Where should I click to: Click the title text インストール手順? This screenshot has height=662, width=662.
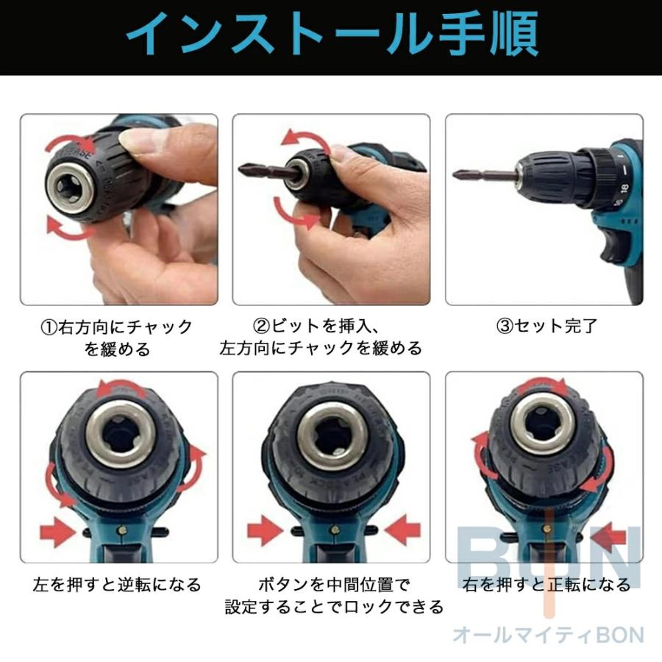coord(331,35)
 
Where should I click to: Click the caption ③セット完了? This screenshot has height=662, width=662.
coord(547,326)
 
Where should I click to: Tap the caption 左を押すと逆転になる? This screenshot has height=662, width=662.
coord(117,585)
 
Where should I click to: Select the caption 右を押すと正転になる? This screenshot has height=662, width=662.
coord(547,585)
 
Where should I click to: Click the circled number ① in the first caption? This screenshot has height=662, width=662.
coord(48,327)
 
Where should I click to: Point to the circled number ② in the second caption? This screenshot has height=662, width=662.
coord(262,326)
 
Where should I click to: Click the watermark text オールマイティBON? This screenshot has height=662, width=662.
coord(548,635)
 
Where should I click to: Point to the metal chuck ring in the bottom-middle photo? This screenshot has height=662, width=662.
coord(332,440)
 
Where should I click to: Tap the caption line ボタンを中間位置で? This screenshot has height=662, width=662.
coord(332,585)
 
